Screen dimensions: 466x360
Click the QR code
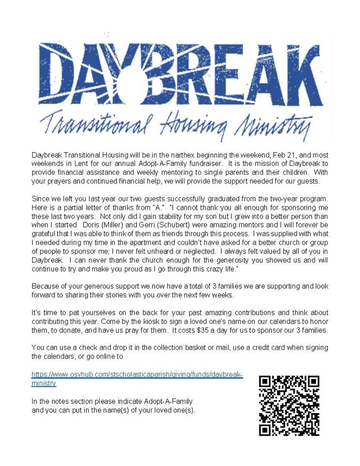289,405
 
